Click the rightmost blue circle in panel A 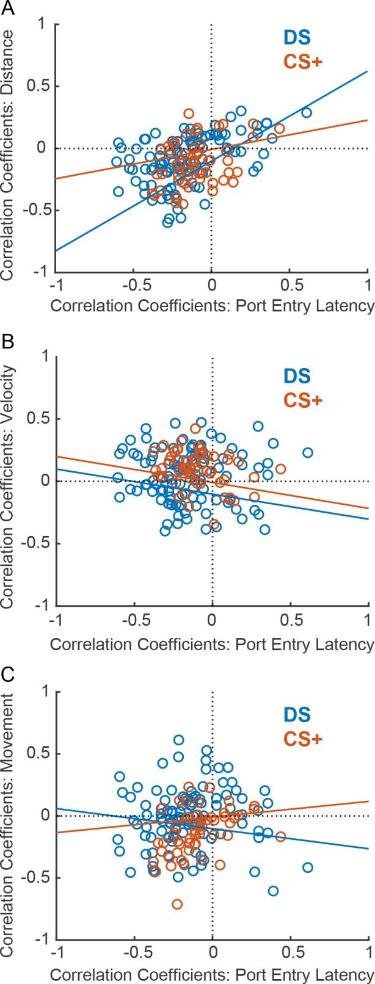pyautogui.click(x=306, y=112)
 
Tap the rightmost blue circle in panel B pyautogui.click(x=307, y=452)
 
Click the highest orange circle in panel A pyautogui.click(x=189, y=114)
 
